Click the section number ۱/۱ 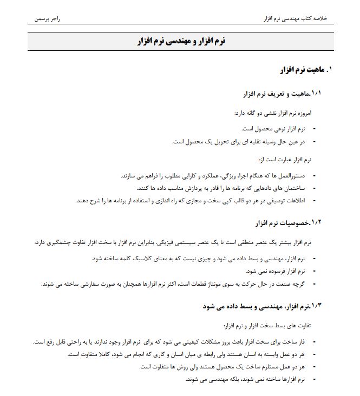[x=316, y=94]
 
